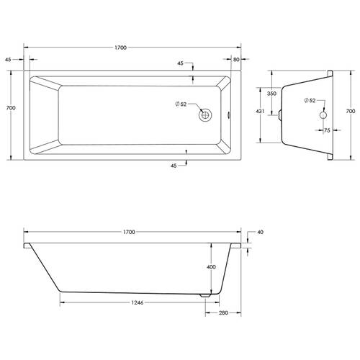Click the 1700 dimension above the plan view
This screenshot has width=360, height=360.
tap(120, 48)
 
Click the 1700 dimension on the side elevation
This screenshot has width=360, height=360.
tap(129, 232)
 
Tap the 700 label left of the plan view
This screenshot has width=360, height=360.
tap(11, 108)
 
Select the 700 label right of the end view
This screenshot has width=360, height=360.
tap(351, 111)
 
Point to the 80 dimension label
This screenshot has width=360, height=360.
tap(236, 59)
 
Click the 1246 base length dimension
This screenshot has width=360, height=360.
tap(138, 302)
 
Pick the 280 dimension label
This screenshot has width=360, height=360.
tap(223, 312)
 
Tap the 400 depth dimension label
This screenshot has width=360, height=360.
tap(211, 267)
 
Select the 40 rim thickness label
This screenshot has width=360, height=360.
tap(260, 232)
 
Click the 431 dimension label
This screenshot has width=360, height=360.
tap(260, 112)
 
